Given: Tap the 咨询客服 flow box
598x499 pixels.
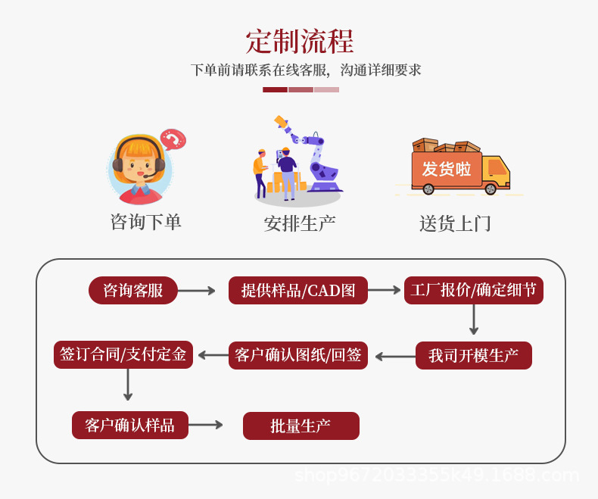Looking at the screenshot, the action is [133, 291].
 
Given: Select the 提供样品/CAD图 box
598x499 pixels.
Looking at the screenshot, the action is [298, 291].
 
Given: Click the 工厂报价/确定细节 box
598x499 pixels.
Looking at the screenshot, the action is [474, 291].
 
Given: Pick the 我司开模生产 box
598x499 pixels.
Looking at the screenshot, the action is [474, 356].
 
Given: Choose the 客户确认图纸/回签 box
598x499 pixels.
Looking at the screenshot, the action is [298, 356].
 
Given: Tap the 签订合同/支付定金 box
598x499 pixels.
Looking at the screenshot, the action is [123, 355].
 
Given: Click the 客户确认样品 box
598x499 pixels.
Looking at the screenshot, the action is [130, 426].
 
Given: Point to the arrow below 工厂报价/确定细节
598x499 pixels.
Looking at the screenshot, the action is [474, 321].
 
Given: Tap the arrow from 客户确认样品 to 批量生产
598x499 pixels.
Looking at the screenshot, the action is [206, 425].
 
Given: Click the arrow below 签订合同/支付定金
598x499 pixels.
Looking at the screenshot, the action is [128, 385].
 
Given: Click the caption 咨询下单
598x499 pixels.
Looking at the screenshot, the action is [146, 223].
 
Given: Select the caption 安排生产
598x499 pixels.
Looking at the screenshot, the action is [300, 224].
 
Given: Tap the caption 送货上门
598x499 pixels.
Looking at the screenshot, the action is [455, 224].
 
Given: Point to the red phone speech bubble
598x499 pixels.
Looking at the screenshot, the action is [173, 140].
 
